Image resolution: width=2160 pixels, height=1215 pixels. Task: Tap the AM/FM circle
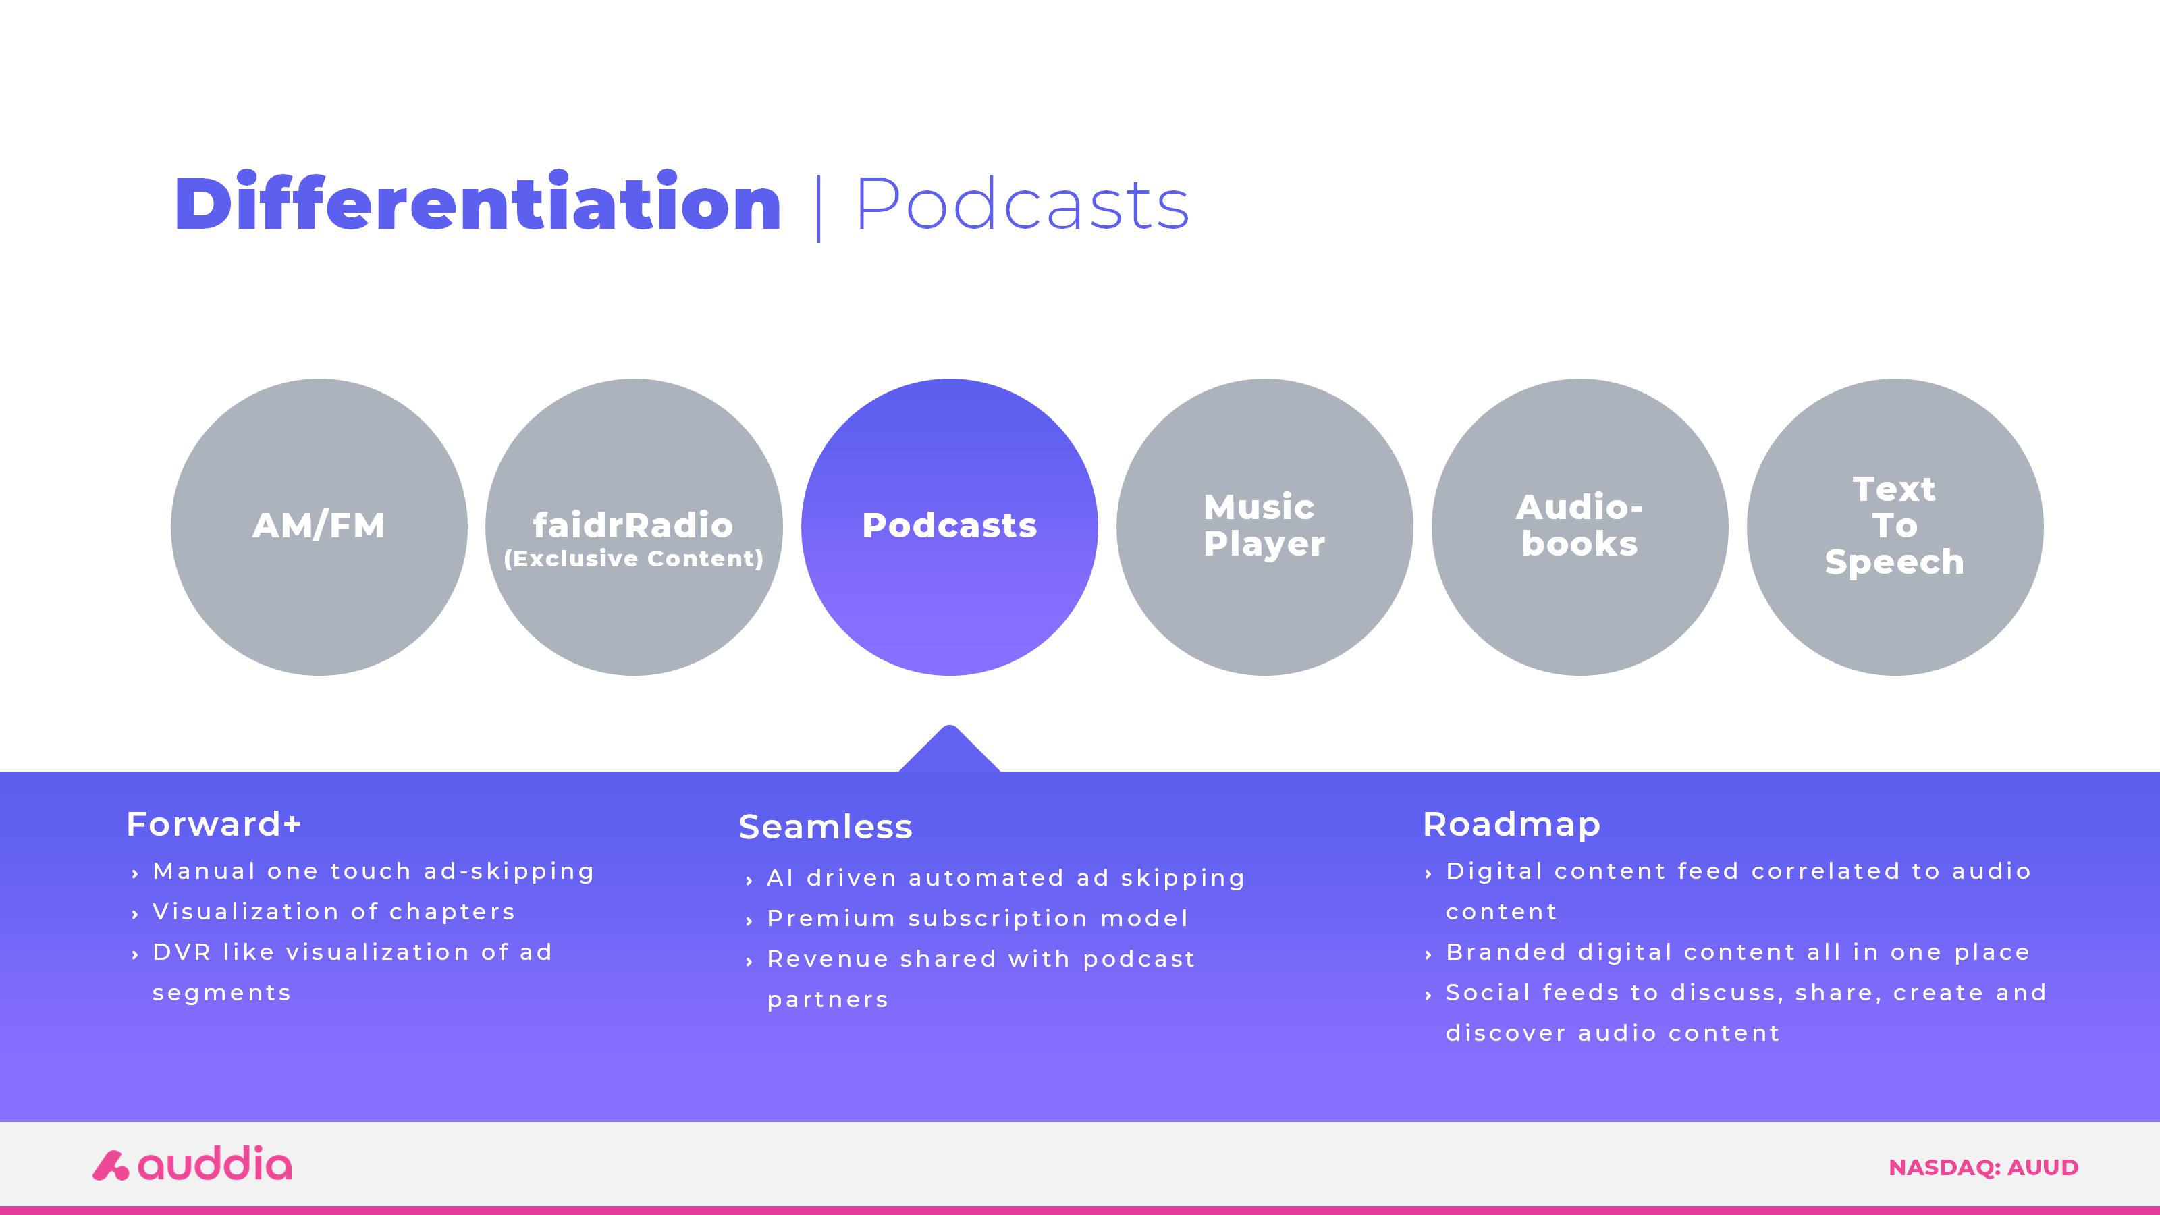tap(319, 526)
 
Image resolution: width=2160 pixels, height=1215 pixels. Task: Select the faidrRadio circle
tap(634, 526)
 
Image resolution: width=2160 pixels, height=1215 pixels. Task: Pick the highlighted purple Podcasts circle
tap(949, 526)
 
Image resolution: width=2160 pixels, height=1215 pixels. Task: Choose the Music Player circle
tap(1264, 526)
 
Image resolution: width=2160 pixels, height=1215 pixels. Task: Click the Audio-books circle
tap(1579, 526)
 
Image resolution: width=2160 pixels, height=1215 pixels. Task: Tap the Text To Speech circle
tap(1895, 526)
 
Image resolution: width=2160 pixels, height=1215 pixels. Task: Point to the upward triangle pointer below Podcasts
tap(949, 749)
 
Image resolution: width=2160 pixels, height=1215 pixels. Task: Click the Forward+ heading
tap(213, 823)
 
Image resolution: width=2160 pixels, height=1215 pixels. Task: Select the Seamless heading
tap(825, 827)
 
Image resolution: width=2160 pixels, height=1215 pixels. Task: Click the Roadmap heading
tap(1512, 824)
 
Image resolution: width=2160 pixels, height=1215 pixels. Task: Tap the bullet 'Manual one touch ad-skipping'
tap(373, 871)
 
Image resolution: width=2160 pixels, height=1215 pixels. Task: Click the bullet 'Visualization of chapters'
tap(333, 911)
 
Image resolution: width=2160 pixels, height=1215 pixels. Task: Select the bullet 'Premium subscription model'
tap(977, 918)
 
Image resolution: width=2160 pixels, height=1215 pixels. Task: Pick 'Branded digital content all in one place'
tap(1738, 952)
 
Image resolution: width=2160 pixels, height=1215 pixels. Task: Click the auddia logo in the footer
tap(192, 1164)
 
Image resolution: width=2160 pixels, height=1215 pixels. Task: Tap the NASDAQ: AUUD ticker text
tap(1983, 1167)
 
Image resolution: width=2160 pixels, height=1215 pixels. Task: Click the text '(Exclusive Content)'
tap(634, 560)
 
